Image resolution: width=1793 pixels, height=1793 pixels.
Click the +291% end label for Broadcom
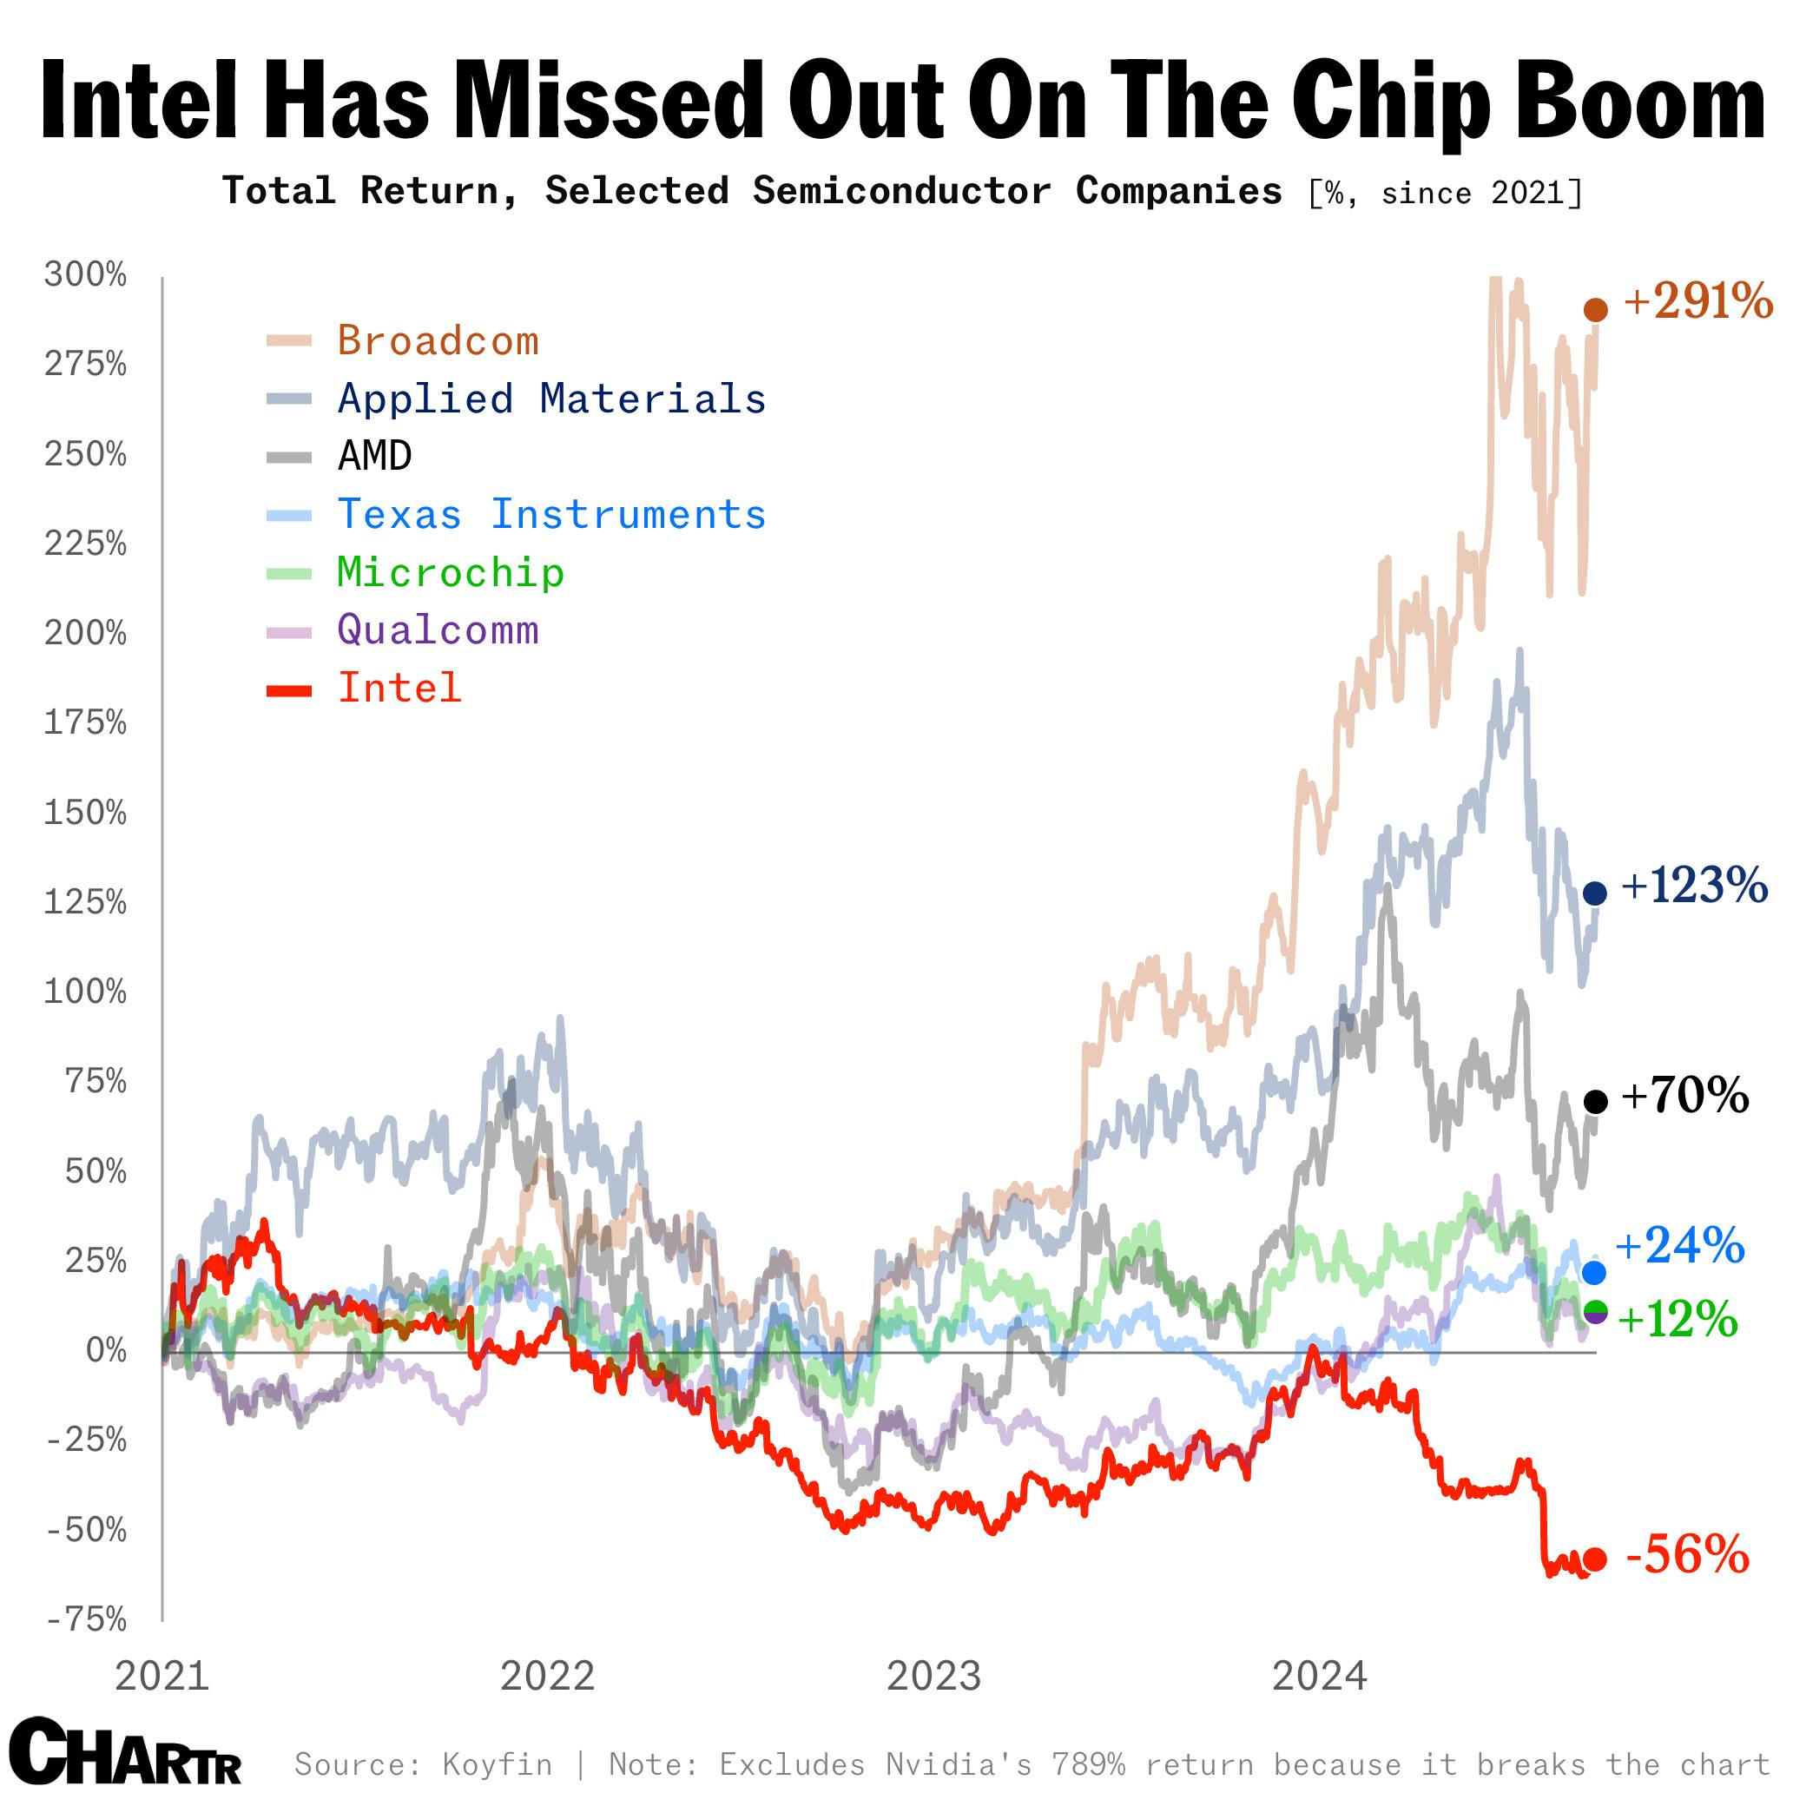pos(1697,301)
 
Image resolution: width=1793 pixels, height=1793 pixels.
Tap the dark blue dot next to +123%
pos(1594,893)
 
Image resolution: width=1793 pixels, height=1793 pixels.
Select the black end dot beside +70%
pos(1595,1102)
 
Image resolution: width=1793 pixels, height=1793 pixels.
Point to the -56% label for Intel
pos(1687,1555)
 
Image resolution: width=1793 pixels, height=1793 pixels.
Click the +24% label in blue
pos(1680,1245)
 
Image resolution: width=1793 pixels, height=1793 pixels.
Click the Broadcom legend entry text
pos(438,341)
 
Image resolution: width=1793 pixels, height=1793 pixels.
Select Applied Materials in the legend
pos(551,399)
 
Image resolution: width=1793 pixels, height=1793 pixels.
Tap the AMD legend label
pos(375,457)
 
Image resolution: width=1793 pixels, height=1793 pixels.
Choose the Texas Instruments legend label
pos(551,515)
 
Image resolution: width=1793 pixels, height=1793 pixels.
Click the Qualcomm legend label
pos(438,630)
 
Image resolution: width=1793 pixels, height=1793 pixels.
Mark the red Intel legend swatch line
pos(288,690)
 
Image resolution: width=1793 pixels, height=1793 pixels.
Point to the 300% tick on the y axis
pos(85,274)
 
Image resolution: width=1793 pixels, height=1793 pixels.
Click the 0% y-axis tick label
pos(106,1350)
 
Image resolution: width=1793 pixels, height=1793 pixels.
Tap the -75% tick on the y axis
pos(86,1619)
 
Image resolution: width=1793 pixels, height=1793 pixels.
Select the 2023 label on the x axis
pos(933,1677)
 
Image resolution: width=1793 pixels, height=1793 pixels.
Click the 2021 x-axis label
pos(162,1677)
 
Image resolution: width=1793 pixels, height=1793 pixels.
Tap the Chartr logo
pos(126,1750)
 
